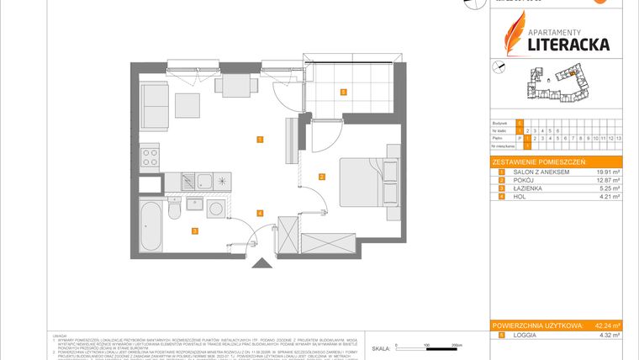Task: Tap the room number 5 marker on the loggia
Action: click(x=343, y=93)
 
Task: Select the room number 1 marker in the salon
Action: click(x=261, y=140)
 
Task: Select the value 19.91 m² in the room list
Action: click(x=606, y=172)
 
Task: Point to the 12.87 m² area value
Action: click(x=606, y=181)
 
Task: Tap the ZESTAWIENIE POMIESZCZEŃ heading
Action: click(x=538, y=161)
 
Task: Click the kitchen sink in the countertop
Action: click(x=204, y=180)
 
